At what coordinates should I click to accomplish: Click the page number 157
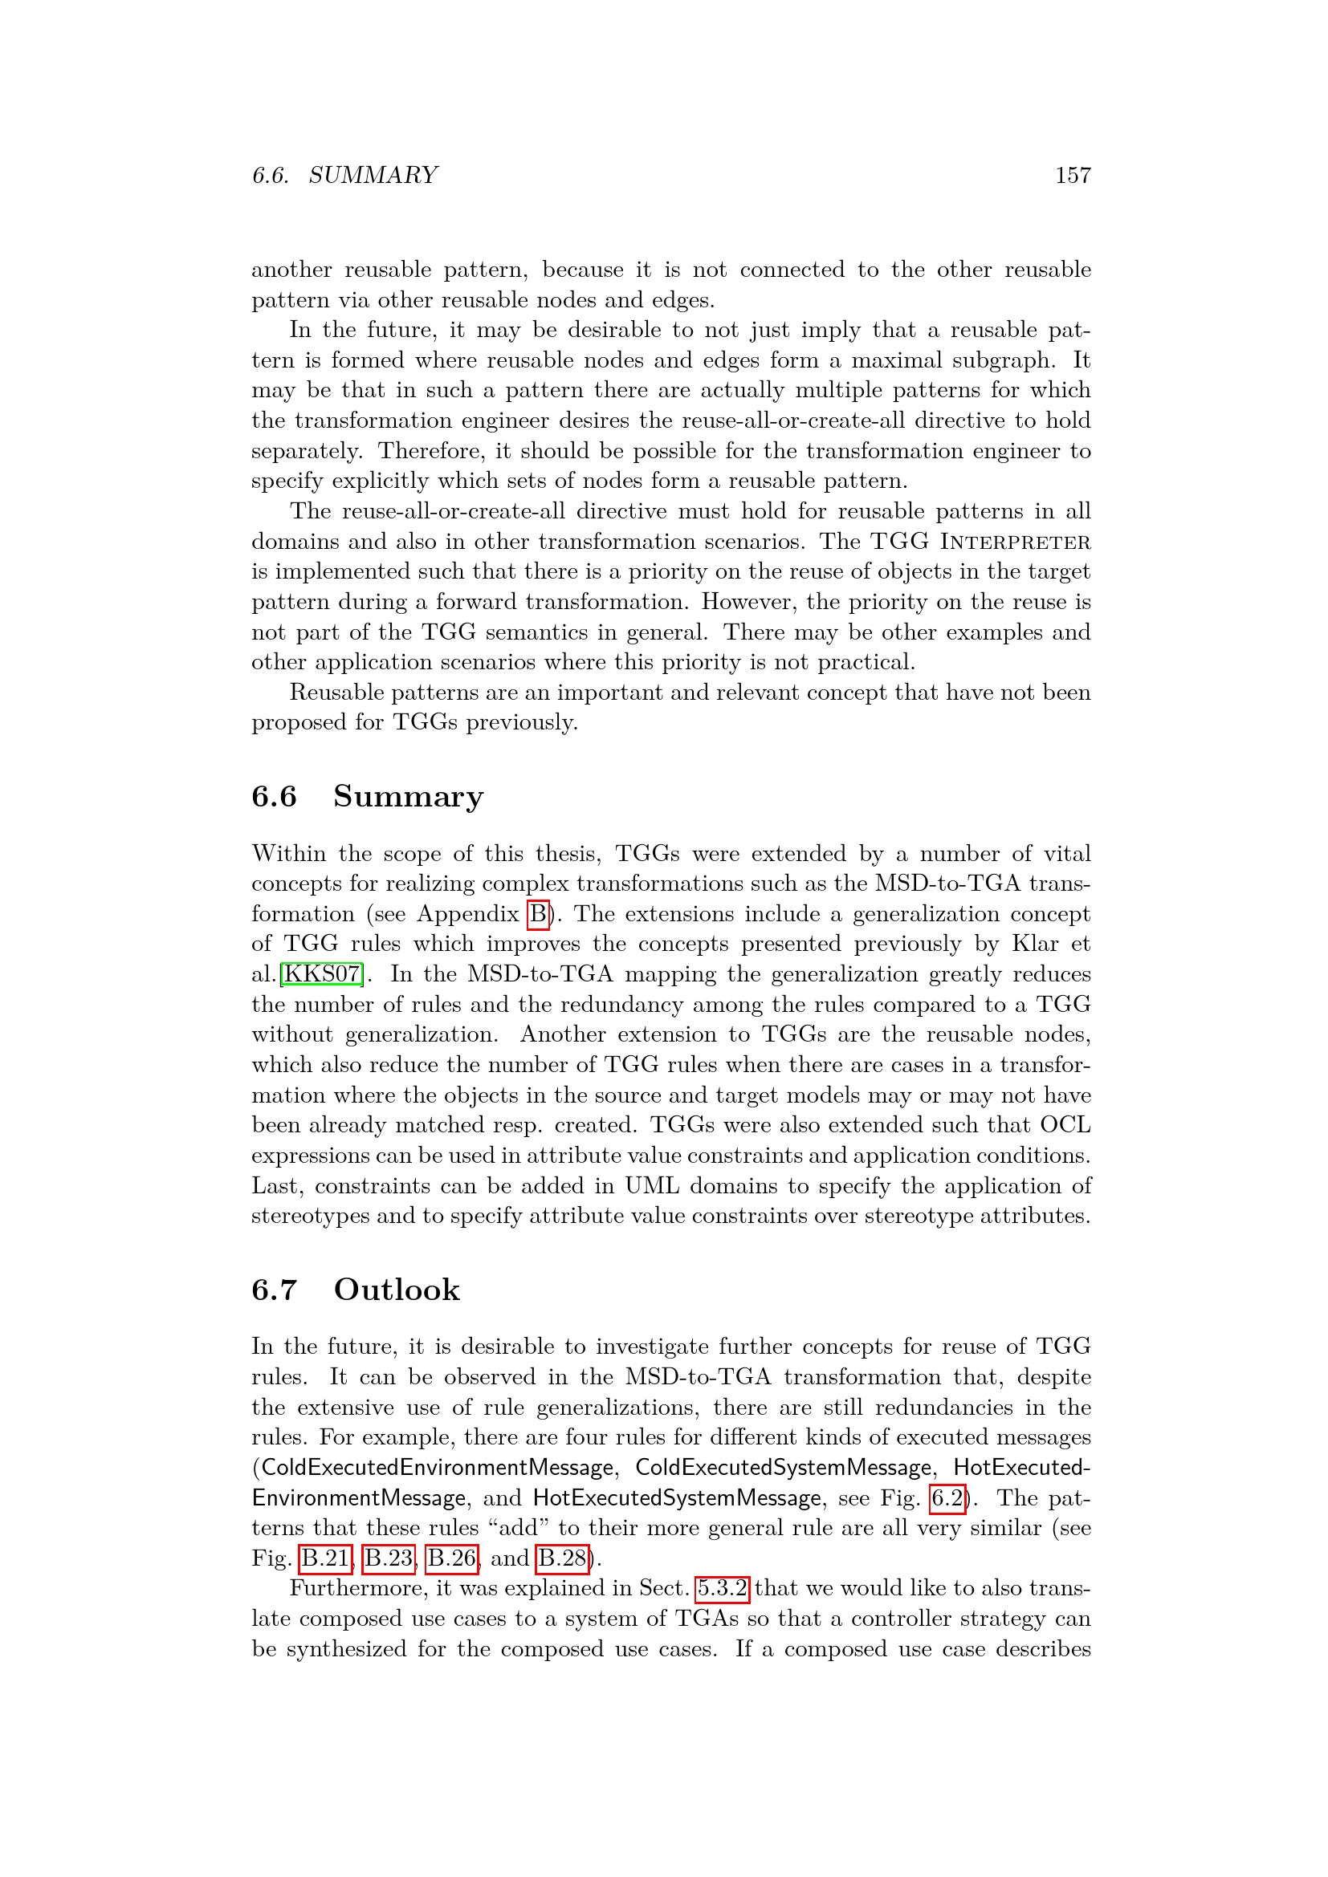point(1073,175)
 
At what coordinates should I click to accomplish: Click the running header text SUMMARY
point(373,175)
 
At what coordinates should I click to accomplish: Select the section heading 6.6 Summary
point(367,796)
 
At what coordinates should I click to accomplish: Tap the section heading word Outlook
point(397,1290)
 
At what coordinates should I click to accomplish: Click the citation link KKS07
point(321,973)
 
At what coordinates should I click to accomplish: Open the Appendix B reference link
point(538,913)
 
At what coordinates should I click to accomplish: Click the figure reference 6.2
point(947,1497)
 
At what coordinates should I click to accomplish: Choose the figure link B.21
point(326,1558)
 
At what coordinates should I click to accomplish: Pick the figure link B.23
point(389,1558)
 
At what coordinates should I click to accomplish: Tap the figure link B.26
point(452,1558)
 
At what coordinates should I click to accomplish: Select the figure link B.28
point(563,1558)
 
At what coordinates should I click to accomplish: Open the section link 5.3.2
point(722,1588)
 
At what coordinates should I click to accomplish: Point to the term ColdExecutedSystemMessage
point(784,1468)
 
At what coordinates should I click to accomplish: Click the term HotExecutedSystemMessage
point(677,1497)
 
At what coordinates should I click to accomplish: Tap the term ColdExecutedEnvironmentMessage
point(438,1468)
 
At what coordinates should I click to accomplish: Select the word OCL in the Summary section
point(1065,1125)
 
